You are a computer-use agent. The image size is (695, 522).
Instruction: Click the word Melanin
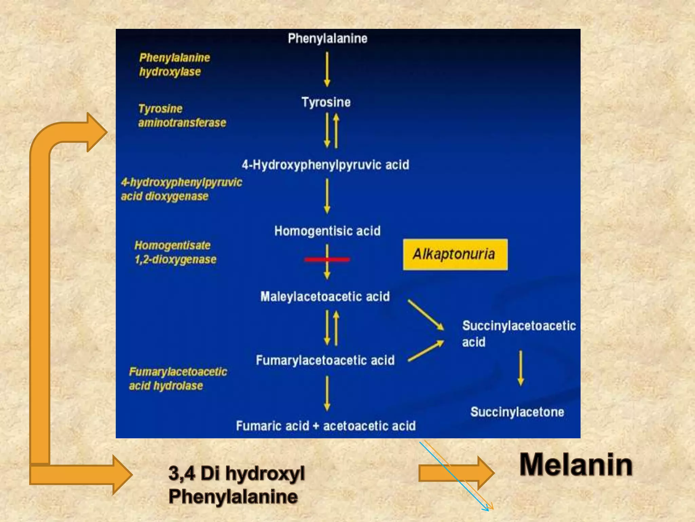click(x=576, y=465)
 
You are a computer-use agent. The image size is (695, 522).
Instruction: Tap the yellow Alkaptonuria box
click(x=455, y=255)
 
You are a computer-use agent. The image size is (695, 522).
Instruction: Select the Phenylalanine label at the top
click(x=327, y=38)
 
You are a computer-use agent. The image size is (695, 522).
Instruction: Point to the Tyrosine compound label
click(x=326, y=102)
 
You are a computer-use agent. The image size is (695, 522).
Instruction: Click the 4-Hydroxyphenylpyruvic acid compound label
click(x=325, y=165)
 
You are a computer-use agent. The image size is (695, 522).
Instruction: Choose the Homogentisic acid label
click(x=327, y=231)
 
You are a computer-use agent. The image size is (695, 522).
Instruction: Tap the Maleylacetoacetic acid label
click(x=325, y=297)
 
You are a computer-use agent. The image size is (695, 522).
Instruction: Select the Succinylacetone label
click(x=517, y=412)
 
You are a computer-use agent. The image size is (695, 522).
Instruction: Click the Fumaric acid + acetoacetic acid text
click(x=326, y=426)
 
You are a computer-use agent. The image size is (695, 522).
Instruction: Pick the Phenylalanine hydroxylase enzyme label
click(x=174, y=65)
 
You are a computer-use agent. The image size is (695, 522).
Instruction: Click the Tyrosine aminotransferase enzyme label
click(x=182, y=116)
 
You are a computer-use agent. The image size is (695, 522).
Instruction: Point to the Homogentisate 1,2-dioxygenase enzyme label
click(x=175, y=252)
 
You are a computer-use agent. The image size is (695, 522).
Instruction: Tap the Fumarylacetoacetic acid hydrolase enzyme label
click(x=178, y=379)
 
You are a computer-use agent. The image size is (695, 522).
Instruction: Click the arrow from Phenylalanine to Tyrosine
click(x=327, y=69)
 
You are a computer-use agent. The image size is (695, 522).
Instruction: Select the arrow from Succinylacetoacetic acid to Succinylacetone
click(x=521, y=368)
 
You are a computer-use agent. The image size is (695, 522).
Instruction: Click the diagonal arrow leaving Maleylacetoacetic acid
click(x=426, y=315)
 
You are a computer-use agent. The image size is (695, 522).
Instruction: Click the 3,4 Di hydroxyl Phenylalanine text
click(x=237, y=485)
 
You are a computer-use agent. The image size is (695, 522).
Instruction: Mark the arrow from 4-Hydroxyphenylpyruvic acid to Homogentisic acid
click(x=327, y=196)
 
